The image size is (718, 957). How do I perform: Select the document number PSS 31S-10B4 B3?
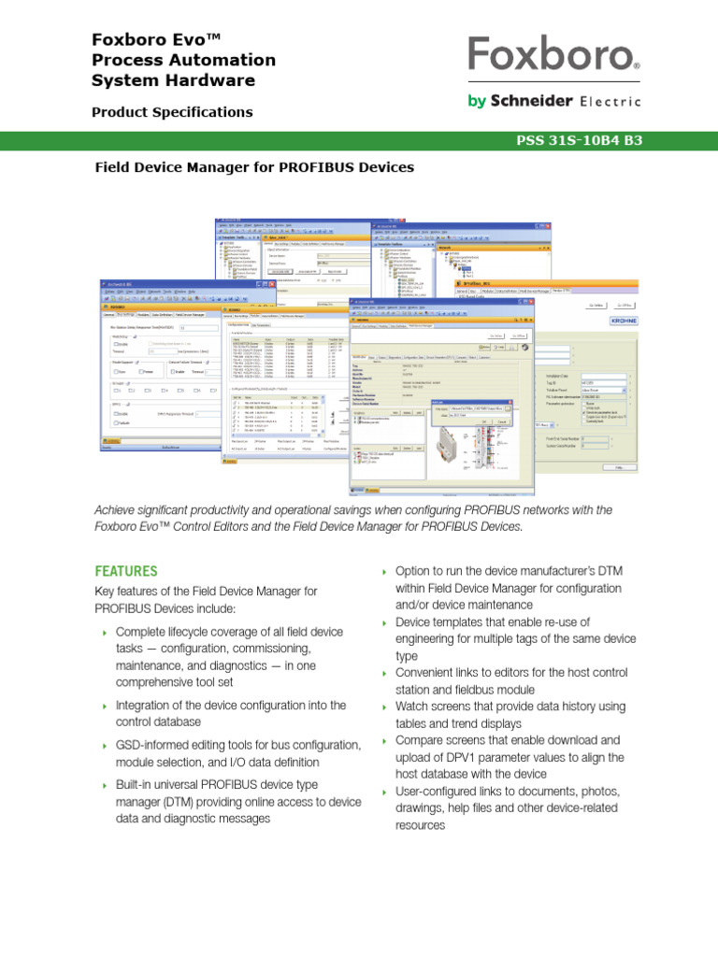(x=580, y=142)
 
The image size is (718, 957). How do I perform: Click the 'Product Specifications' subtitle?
(x=172, y=112)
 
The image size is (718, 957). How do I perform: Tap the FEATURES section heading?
(x=126, y=571)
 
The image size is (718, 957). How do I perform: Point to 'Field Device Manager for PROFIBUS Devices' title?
(x=254, y=168)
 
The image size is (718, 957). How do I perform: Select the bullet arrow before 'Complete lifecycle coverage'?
(x=104, y=634)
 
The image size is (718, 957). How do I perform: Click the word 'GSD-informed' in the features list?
(x=155, y=745)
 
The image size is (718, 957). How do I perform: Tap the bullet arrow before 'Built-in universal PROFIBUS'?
(x=104, y=785)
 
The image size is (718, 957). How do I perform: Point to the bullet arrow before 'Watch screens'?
(x=383, y=707)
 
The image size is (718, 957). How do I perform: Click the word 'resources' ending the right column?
(x=421, y=826)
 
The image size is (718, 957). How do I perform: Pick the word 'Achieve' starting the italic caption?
(x=117, y=510)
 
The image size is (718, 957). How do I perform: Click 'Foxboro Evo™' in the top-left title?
(x=155, y=39)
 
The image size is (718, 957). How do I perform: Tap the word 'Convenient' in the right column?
(x=430, y=674)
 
